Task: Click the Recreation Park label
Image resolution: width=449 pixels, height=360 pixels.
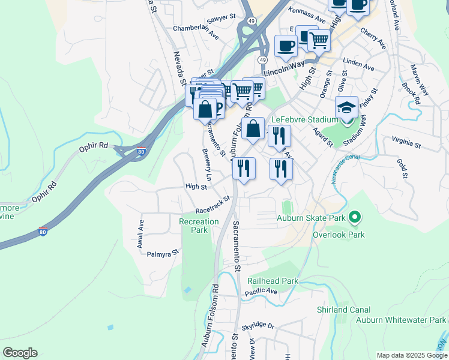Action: click(x=199, y=226)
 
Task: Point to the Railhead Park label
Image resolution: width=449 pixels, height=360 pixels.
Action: click(x=273, y=281)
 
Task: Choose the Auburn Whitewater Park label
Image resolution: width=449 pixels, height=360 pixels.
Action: click(x=401, y=320)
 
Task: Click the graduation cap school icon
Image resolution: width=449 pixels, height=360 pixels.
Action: click(x=346, y=107)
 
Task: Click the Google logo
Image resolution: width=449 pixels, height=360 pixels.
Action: click(x=20, y=353)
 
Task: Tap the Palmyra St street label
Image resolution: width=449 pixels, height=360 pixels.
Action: click(x=163, y=254)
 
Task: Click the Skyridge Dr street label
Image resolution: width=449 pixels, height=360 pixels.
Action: click(x=258, y=326)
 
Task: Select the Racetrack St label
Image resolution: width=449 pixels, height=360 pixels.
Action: click(x=212, y=205)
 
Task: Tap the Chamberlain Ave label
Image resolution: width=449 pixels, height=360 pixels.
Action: click(x=196, y=31)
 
